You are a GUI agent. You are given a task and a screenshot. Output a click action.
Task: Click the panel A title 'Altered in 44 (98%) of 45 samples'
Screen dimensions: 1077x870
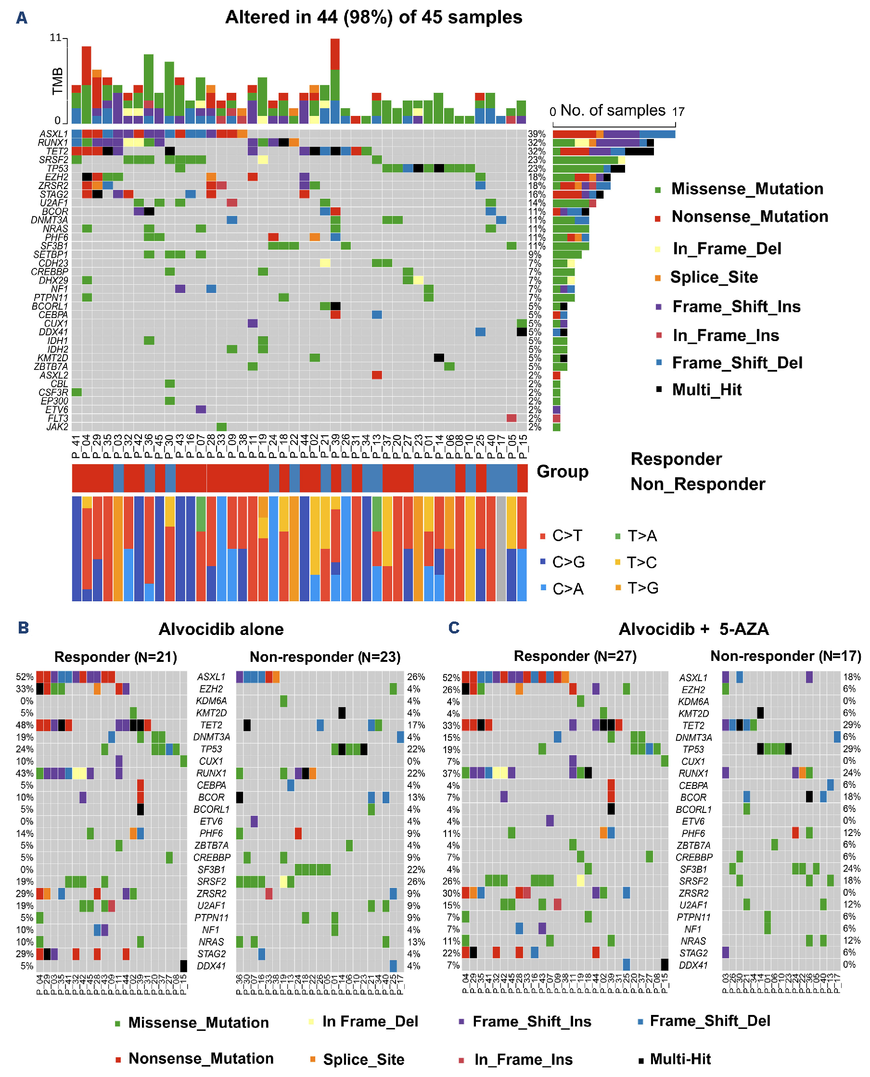point(373,17)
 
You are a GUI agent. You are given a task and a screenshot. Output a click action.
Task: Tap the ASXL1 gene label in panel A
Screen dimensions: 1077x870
point(53,134)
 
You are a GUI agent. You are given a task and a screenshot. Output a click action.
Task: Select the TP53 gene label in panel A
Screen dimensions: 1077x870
point(57,168)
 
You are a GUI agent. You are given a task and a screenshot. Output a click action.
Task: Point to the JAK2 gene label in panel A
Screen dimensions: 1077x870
point(57,427)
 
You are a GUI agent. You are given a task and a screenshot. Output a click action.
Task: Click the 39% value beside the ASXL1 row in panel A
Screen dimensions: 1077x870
point(536,134)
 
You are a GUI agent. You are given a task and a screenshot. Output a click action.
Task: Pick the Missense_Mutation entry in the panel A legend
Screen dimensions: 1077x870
point(747,189)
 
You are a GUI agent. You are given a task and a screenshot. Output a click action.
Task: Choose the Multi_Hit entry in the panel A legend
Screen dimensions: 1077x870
point(706,390)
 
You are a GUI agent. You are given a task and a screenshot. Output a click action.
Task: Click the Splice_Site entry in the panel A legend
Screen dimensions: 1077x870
point(714,277)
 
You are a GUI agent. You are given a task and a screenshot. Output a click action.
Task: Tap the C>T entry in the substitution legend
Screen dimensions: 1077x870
point(567,535)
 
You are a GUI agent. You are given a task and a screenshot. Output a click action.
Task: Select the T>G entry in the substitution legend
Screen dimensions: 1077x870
point(642,588)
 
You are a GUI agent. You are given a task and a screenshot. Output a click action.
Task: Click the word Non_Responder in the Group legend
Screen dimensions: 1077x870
point(698,484)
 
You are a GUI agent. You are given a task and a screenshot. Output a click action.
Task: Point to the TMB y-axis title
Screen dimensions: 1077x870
point(58,81)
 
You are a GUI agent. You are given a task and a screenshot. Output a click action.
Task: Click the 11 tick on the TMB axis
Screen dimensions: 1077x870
point(55,38)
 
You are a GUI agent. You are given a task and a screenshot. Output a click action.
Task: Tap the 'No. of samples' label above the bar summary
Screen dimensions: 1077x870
point(613,110)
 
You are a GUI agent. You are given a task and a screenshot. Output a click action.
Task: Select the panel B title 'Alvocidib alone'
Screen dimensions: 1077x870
point(221,629)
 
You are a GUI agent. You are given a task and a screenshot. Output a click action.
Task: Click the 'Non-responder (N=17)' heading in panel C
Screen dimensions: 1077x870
point(785,656)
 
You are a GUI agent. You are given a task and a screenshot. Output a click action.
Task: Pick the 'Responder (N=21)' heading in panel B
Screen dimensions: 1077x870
point(115,657)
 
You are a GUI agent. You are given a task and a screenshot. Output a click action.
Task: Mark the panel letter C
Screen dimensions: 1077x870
point(454,628)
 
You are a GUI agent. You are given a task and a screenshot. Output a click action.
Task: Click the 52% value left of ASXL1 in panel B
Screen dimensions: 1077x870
point(25,677)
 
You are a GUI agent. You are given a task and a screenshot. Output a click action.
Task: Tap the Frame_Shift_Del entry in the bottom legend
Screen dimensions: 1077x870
point(709,1021)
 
